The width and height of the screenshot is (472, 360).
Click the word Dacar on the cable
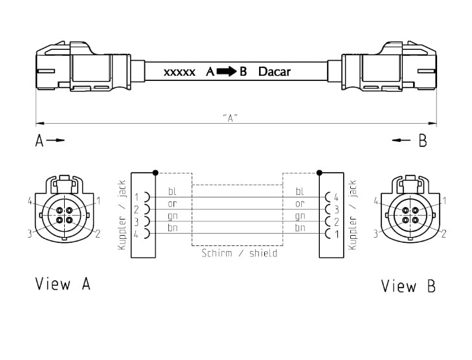275,72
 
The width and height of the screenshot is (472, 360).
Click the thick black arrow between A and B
227,71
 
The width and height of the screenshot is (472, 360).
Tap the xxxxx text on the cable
179,73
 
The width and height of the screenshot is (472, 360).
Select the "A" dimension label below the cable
230,118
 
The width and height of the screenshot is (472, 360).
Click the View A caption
63,284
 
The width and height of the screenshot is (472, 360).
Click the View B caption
408,286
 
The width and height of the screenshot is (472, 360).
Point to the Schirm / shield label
240,253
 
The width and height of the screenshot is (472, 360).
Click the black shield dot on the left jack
155,173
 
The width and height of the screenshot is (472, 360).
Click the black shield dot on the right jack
319,173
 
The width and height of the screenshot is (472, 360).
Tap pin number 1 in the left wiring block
137,197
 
